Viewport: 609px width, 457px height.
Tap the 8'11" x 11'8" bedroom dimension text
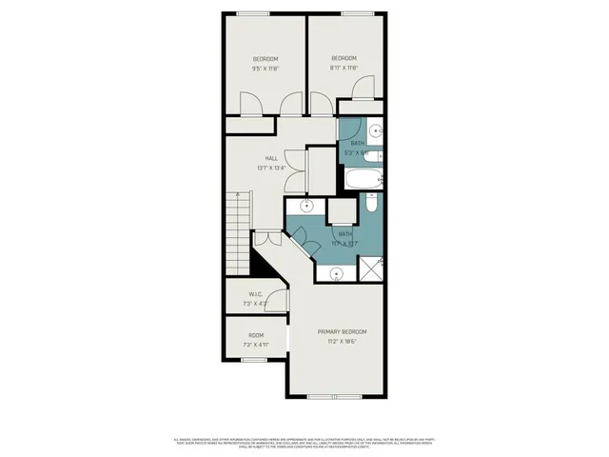click(344, 69)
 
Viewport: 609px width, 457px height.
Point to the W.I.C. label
click(255, 295)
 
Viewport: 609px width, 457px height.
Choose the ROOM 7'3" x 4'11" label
click(256, 340)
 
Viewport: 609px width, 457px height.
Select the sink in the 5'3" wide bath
click(376, 130)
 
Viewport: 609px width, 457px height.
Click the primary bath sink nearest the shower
click(336, 274)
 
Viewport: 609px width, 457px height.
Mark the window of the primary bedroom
click(334, 396)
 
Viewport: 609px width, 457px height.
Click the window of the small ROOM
click(253, 361)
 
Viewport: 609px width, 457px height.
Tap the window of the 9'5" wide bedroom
click(252, 12)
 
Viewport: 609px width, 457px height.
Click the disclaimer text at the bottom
click(304, 443)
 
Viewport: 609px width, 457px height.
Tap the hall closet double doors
click(298, 170)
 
